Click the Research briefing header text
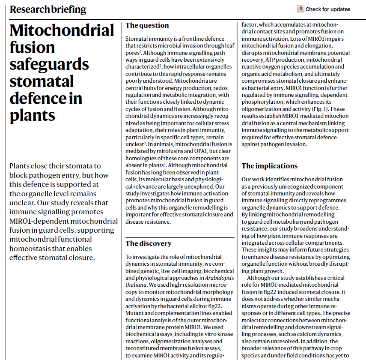(48, 9)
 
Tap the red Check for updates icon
(301, 9)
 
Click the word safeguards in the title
(49, 64)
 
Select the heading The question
(147, 25)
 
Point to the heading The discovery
(148, 243)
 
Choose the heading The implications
(269, 166)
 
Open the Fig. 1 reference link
(320, 109)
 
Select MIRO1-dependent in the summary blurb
(40, 221)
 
